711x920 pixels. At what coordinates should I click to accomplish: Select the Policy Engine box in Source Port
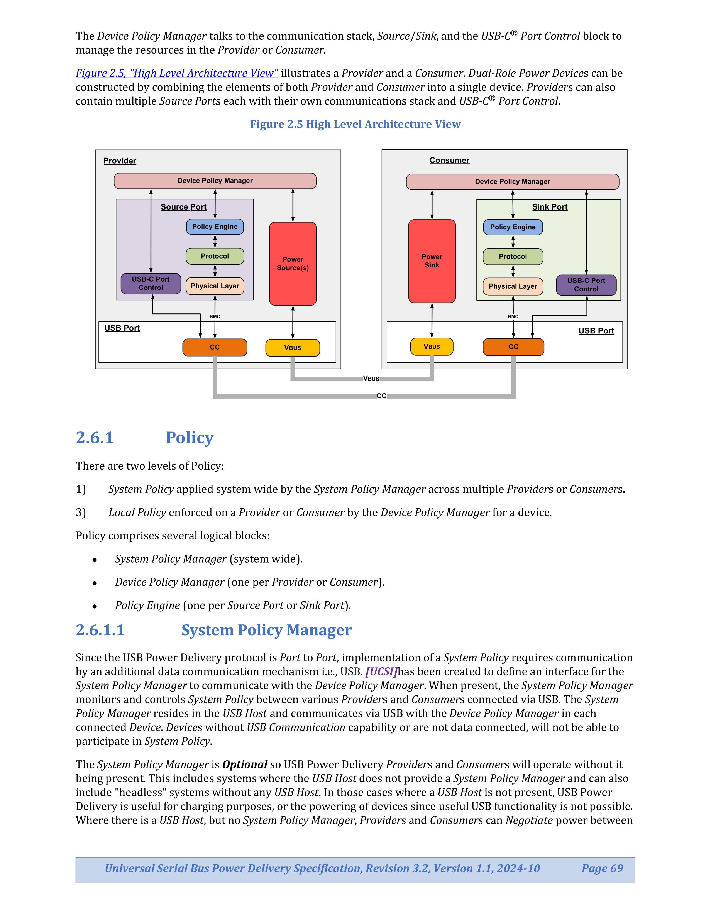click(x=215, y=227)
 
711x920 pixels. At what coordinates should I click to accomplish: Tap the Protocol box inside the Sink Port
click(x=513, y=257)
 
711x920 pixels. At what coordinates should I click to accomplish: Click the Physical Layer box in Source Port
click(x=215, y=286)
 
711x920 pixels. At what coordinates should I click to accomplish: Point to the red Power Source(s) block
click(x=293, y=264)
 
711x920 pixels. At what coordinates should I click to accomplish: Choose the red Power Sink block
click(x=432, y=261)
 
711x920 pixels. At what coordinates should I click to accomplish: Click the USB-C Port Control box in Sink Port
click(x=586, y=285)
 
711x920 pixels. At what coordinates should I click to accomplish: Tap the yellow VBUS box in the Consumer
click(x=432, y=347)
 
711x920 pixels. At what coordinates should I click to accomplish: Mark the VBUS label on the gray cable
click(x=371, y=379)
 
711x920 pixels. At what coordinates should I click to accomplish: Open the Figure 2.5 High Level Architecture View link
click(x=177, y=73)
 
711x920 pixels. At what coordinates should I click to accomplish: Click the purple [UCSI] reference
click(x=381, y=671)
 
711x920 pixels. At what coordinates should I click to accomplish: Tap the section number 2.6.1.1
click(x=100, y=630)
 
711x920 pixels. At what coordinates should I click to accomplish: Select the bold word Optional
click(x=245, y=764)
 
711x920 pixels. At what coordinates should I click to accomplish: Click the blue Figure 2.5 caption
click(x=355, y=124)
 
